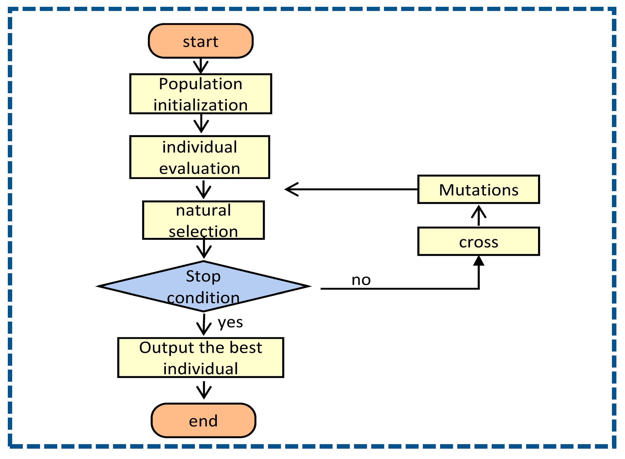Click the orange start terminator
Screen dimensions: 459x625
(x=201, y=41)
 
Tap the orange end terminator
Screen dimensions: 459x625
(x=204, y=421)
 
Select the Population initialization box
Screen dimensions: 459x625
(x=201, y=94)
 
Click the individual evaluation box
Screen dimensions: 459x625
(x=200, y=157)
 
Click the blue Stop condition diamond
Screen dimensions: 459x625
(x=204, y=287)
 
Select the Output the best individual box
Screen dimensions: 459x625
(x=201, y=358)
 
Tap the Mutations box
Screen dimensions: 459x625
(x=479, y=190)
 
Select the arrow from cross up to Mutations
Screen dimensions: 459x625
(x=479, y=216)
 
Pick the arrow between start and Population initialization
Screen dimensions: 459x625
(x=201, y=66)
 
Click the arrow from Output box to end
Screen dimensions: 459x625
(x=204, y=390)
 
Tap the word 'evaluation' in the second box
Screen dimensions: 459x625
(x=200, y=169)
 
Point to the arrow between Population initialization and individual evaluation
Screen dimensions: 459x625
(x=201, y=124)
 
